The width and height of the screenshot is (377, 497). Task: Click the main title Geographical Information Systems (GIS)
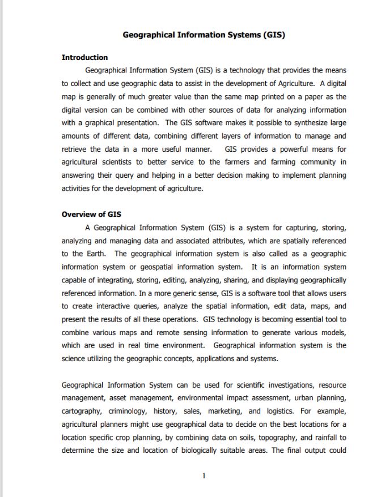coord(204,35)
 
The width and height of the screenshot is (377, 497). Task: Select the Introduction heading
coord(84,57)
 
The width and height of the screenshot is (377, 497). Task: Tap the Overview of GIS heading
coord(91,214)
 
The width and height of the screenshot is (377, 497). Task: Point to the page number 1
coord(204,475)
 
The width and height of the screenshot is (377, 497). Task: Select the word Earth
coord(95,254)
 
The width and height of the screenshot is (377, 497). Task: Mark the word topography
coord(255,438)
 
